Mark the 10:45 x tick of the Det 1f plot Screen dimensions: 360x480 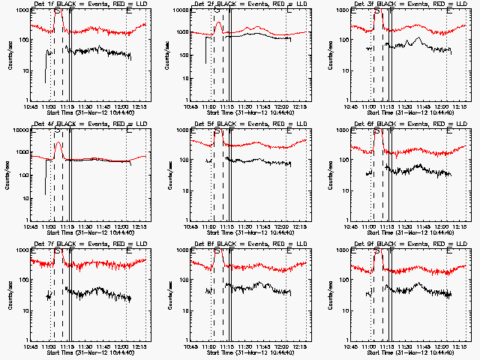pos(31,106)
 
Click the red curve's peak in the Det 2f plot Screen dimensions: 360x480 pos(217,22)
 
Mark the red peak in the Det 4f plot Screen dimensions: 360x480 pos(58,142)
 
